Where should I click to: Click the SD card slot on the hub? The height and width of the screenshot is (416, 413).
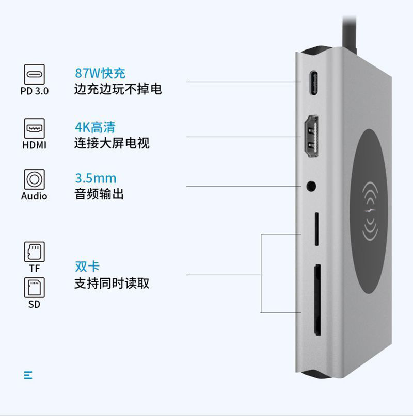click(x=317, y=293)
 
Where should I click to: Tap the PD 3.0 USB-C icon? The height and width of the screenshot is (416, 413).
click(x=35, y=74)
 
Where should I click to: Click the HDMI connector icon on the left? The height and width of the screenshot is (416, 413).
click(x=35, y=127)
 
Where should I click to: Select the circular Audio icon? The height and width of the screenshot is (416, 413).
click(x=35, y=180)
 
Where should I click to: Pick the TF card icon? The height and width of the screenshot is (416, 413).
click(x=35, y=252)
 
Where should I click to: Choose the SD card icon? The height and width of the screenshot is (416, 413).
click(x=35, y=287)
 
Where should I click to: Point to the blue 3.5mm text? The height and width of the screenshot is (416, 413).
click(x=96, y=178)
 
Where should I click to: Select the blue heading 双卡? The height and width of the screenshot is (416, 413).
click(x=87, y=267)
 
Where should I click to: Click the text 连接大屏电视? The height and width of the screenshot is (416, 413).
click(x=112, y=143)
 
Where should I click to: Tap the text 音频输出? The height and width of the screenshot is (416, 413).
click(x=99, y=194)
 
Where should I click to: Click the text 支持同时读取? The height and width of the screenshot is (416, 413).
click(x=112, y=283)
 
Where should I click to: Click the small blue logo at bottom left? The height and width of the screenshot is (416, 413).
click(x=28, y=375)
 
